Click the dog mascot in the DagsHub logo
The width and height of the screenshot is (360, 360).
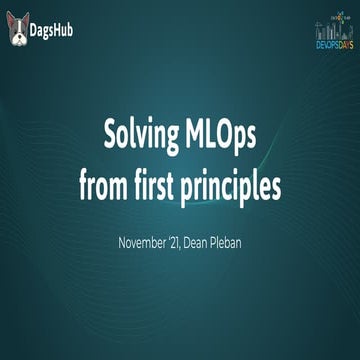click(19, 30)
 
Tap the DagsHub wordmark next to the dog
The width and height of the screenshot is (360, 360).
click(58, 31)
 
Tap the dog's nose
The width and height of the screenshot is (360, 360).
click(19, 37)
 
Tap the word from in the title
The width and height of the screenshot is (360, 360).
click(104, 186)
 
